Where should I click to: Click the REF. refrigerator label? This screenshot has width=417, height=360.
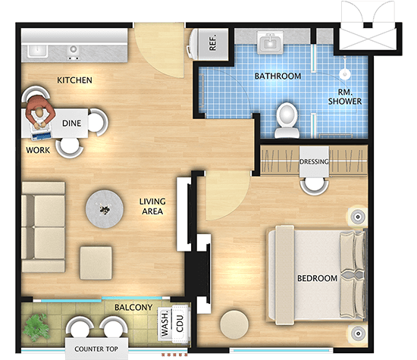click(x=213, y=42)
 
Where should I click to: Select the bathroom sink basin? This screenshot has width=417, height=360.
click(x=270, y=42)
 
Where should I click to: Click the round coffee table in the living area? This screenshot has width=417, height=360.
click(x=105, y=208)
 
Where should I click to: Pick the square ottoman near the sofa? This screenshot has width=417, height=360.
click(x=96, y=263)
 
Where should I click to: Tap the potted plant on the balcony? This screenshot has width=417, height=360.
click(x=36, y=327)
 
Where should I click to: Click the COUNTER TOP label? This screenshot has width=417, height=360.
click(x=96, y=349)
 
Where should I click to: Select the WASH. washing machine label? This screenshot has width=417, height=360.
click(x=165, y=323)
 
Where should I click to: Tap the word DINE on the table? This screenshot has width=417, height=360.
click(x=71, y=123)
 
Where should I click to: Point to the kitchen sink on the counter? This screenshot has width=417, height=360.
click(x=38, y=51)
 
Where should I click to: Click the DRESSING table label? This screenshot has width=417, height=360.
click(x=314, y=161)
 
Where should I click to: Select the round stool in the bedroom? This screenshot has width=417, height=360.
click(x=234, y=324)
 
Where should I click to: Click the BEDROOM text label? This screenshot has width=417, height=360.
click(x=317, y=278)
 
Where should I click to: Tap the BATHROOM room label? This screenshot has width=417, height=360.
click(x=278, y=76)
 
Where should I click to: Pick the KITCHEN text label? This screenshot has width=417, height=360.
click(x=74, y=80)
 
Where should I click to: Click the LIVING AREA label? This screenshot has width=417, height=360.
click(x=152, y=206)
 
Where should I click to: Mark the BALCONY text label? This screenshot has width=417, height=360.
click(x=133, y=308)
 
